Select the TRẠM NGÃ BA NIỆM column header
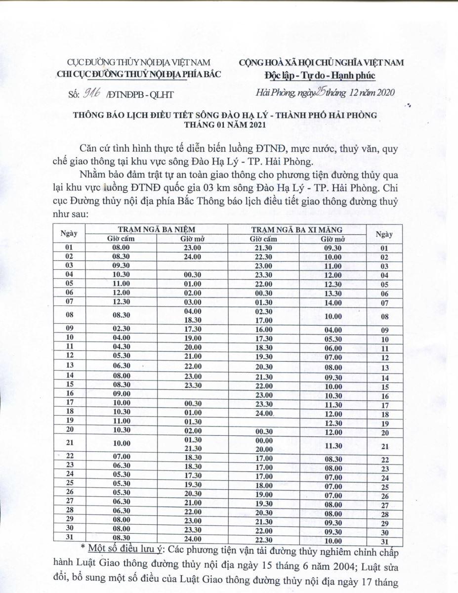tap(157, 229)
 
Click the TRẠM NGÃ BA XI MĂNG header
tap(296, 229)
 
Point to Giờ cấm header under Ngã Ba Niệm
tap(121, 239)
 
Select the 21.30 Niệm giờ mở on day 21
tap(191, 448)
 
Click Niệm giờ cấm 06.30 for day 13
tap(121, 367)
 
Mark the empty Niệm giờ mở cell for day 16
tap(191, 394)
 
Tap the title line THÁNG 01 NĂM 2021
tap(228, 125)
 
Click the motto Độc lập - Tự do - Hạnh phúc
tap(321, 75)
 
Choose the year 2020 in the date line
tap(384, 92)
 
